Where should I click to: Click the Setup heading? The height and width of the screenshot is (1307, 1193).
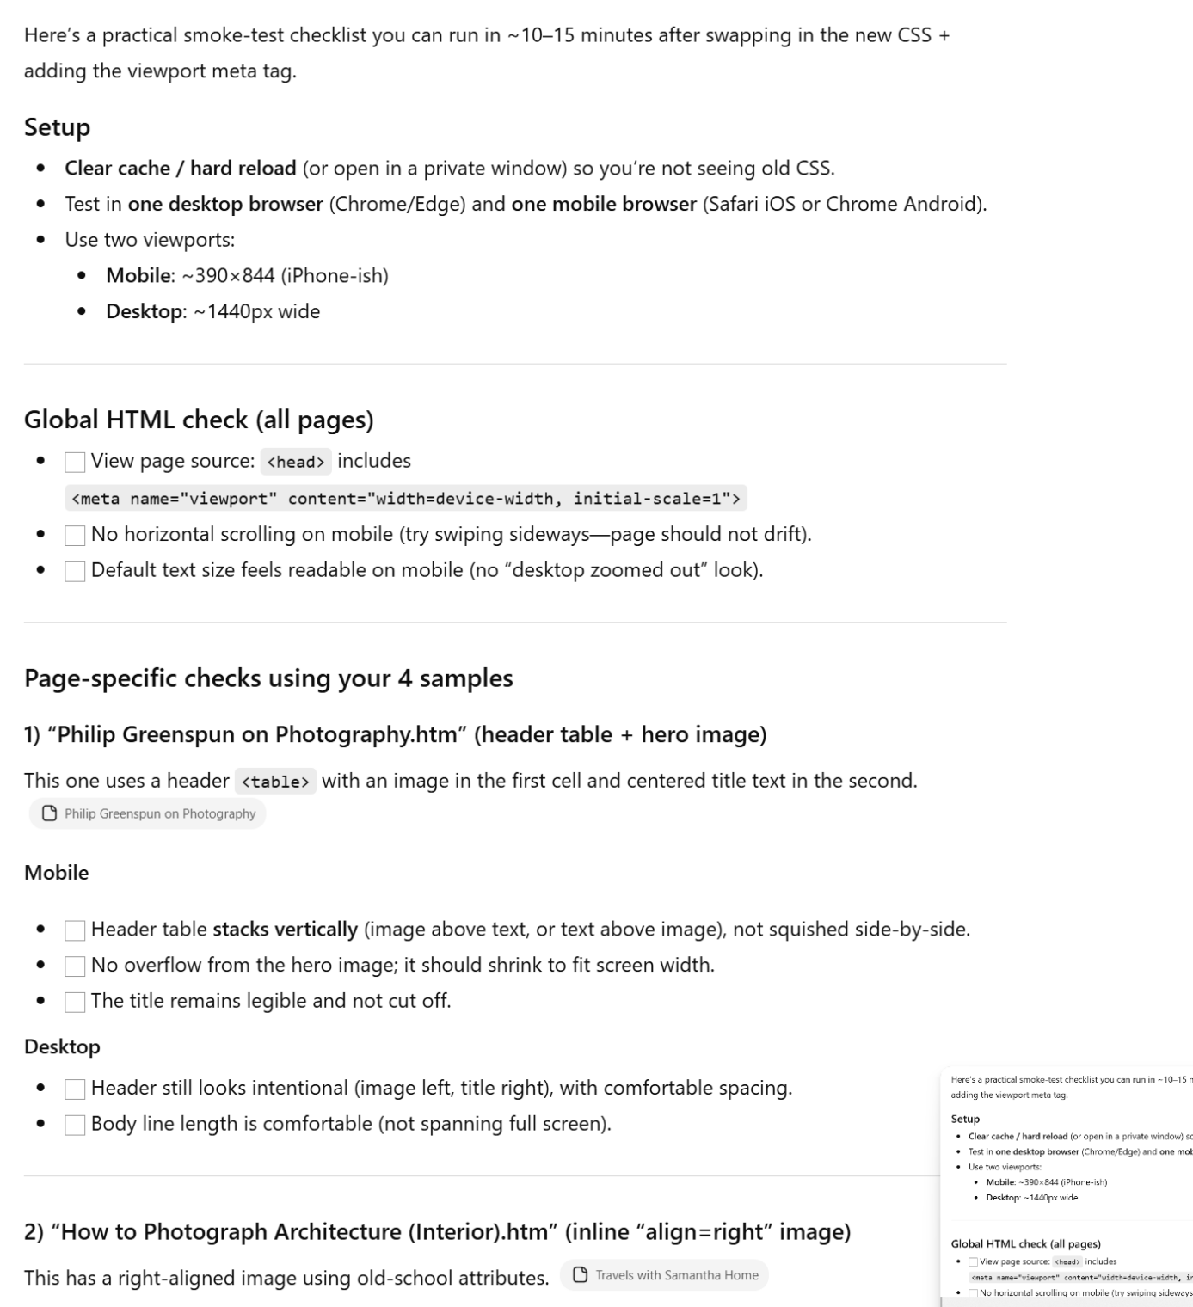click(57, 127)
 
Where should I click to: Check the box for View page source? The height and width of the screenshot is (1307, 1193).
click(75, 463)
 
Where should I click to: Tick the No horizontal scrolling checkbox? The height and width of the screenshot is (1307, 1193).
click(75, 536)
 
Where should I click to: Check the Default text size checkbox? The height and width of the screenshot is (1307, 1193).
click(75, 572)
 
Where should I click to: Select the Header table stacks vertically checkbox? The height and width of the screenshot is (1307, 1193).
click(75, 930)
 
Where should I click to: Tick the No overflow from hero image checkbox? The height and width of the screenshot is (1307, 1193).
click(75, 966)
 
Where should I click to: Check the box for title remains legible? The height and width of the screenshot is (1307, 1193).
click(75, 1003)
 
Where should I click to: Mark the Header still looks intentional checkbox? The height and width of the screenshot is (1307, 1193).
click(75, 1089)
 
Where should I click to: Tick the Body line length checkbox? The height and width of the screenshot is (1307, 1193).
click(75, 1126)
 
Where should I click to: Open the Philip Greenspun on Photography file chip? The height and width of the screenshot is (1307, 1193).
click(148, 813)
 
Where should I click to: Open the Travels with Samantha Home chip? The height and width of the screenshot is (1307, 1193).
click(664, 1275)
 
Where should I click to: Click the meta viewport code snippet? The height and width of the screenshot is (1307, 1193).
click(405, 499)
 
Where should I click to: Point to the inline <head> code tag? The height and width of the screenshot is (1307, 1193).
click(295, 462)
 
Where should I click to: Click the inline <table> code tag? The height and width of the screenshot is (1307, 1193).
click(275, 782)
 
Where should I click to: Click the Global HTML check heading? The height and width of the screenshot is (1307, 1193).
click(199, 420)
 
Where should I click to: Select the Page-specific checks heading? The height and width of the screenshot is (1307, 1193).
click(268, 678)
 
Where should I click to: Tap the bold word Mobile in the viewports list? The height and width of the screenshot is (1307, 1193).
click(138, 275)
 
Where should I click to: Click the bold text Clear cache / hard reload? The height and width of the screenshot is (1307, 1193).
click(180, 168)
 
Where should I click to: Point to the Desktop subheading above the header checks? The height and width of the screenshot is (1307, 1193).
click(62, 1046)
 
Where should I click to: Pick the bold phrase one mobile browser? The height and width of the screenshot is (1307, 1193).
click(604, 204)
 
